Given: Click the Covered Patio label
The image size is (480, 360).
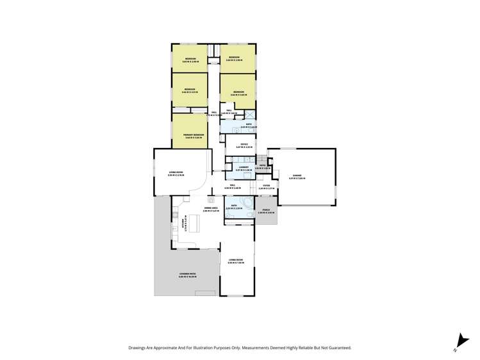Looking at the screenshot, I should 187,274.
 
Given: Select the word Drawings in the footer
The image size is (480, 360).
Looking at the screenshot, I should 138,348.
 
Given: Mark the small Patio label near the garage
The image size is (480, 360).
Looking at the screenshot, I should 261,167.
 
